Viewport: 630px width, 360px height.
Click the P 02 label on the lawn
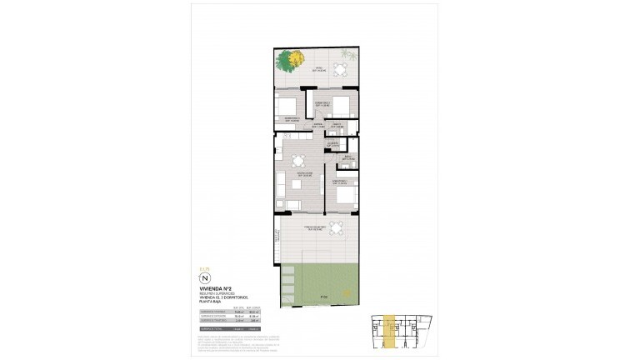[x=322, y=297]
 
